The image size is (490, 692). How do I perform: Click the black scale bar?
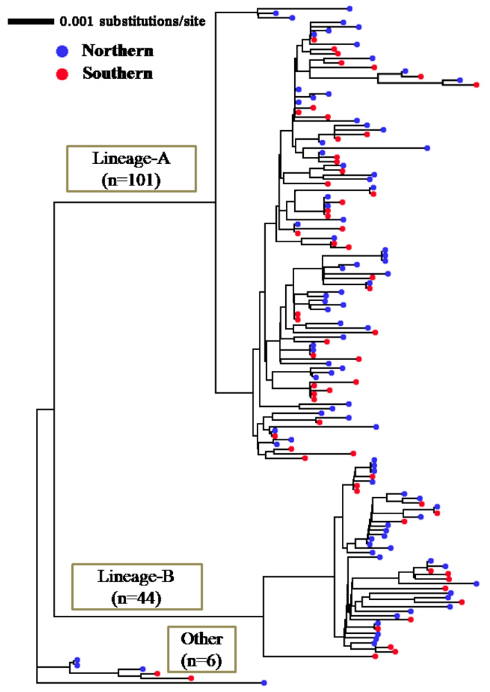point(31,21)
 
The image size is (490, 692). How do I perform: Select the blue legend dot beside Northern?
point(62,51)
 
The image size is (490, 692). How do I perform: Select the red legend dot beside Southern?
point(62,73)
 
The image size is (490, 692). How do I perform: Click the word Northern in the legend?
point(118,51)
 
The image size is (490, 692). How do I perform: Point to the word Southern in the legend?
point(118,73)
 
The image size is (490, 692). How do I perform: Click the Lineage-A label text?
point(131,158)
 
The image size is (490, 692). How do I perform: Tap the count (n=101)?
point(131,180)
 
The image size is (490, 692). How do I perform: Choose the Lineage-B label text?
point(136,576)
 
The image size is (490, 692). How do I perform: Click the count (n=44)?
point(136,598)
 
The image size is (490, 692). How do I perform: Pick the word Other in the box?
point(201,639)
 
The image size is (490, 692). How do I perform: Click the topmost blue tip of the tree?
point(350,8)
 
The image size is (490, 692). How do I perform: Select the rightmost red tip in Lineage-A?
point(476,84)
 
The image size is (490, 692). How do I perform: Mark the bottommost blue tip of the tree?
point(264,682)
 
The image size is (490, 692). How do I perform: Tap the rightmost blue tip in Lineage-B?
point(476,583)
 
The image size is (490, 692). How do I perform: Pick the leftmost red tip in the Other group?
point(157,673)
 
